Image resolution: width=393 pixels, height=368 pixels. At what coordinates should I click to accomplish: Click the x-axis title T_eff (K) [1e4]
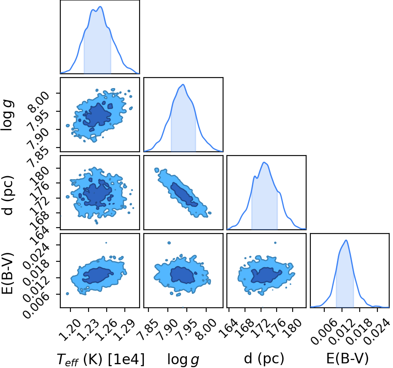[x=101, y=359]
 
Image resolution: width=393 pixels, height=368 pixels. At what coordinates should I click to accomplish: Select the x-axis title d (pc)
[x=264, y=358]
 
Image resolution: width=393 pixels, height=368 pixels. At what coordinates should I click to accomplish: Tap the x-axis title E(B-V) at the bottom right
[x=347, y=358]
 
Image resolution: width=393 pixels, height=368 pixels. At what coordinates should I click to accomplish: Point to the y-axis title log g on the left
[x=8, y=115]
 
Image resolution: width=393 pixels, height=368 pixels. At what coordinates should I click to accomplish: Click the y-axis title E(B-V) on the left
[x=8, y=270]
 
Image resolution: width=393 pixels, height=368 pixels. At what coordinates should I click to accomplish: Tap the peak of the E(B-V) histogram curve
[x=346, y=240]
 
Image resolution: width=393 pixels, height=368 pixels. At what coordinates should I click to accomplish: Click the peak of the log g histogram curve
[x=183, y=84]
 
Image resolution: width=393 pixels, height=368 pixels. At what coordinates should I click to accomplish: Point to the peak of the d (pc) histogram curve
[x=264, y=162]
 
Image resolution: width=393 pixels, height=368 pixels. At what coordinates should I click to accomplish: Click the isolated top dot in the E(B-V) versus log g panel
[x=169, y=243]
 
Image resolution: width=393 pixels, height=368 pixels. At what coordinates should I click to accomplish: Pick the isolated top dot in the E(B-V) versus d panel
[x=275, y=243]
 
